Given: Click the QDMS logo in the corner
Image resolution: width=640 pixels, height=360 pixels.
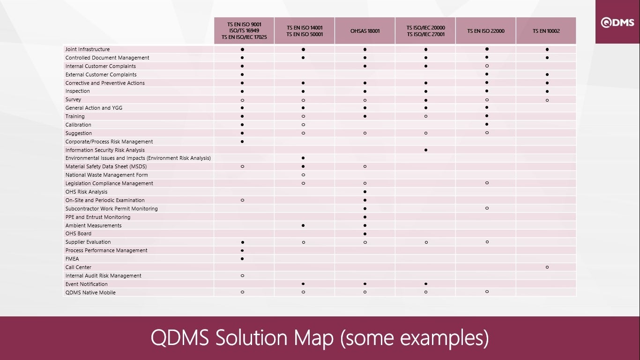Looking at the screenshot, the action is (x=618, y=22).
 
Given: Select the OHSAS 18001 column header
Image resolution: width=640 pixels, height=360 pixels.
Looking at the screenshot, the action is (x=365, y=31).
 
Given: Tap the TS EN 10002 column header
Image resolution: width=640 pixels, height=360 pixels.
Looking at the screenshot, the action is (x=546, y=31).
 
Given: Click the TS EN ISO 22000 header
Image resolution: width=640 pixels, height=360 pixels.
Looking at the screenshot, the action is (x=486, y=31).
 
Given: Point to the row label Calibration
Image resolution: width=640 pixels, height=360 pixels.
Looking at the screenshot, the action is (x=78, y=125).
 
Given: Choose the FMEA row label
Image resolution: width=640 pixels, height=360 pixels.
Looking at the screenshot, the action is (x=72, y=259).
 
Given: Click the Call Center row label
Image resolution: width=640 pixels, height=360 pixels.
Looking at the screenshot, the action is (x=78, y=267).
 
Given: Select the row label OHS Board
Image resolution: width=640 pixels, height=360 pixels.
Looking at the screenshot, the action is (x=78, y=233).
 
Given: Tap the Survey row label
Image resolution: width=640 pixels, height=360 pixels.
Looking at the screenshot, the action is (x=73, y=99).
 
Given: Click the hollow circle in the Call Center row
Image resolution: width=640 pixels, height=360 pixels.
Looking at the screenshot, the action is (x=547, y=267).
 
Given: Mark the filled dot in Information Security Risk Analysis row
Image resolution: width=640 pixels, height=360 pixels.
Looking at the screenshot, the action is (x=426, y=150).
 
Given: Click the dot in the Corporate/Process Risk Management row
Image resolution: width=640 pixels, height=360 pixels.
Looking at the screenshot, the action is (x=242, y=142).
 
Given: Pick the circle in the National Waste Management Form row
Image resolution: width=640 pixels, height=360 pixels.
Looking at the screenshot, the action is (x=304, y=175).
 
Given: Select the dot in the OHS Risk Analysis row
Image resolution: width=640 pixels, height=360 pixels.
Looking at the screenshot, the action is (x=365, y=192).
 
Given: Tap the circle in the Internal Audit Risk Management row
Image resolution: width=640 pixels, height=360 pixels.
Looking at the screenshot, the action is (x=242, y=276).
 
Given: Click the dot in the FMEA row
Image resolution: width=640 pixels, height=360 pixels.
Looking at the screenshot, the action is (x=242, y=259).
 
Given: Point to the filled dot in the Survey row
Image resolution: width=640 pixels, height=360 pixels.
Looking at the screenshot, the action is (x=426, y=100).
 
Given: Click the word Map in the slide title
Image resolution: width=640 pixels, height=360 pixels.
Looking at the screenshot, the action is (x=313, y=338).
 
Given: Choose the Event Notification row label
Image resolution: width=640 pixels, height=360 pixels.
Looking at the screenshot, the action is (x=87, y=284).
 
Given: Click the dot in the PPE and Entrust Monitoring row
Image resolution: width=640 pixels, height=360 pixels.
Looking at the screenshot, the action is (x=365, y=217).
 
